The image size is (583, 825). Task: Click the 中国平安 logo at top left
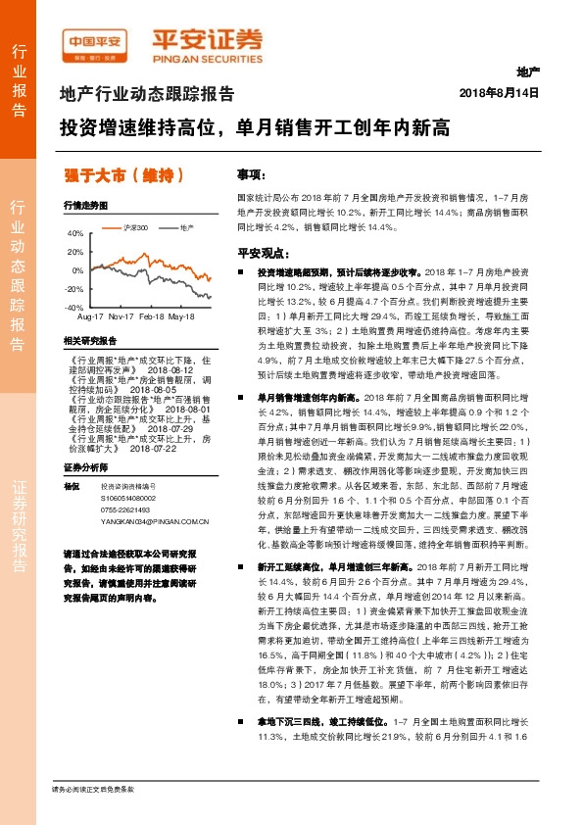[97, 40]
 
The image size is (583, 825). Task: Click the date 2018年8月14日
[500, 92]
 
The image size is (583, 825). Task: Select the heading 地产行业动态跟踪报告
[147, 95]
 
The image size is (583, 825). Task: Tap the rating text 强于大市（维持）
[119, 176]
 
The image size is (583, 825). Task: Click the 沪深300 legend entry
[137, 227]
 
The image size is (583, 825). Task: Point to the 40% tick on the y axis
[76, 234]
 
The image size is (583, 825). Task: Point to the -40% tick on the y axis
[74, 308]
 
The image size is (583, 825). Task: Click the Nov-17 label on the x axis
[121, 317]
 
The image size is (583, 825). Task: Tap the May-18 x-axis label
[181, 317]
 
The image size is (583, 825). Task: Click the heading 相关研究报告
[89, 340]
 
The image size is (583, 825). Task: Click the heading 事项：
[251, 173]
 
